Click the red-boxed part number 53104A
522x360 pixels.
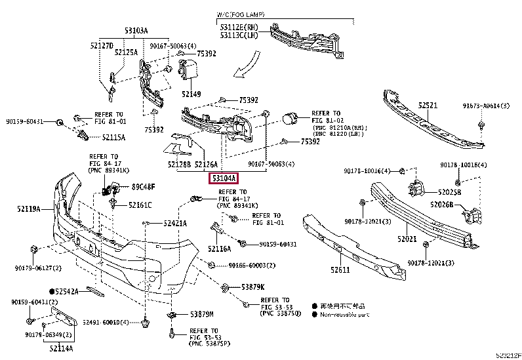tap(224, 177)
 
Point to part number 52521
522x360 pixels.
tap(428, 105)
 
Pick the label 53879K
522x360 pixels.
tap(252, 287)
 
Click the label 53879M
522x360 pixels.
tap(202, 315)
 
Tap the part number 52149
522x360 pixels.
tap(191, 94)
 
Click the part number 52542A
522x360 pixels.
tap(67, 290)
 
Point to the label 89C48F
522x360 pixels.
tap(142, 187)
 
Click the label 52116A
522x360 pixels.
tap(220, 249)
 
